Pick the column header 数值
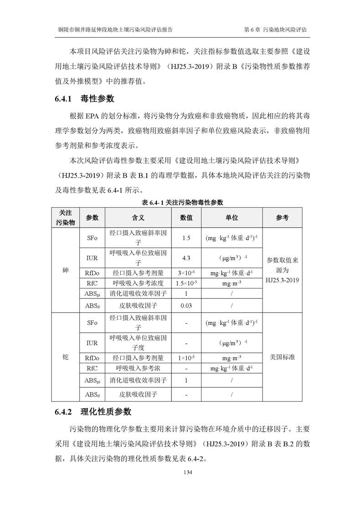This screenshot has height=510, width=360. click(x=186, y=218)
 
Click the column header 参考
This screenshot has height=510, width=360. click(x=282, y=218)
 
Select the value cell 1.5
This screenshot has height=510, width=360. click(x=186, y=238)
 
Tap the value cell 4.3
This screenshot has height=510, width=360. click(x=186, y=258)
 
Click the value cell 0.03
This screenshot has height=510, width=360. click(x=186, y=305)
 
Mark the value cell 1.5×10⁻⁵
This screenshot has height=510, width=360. click(x=186, y=283)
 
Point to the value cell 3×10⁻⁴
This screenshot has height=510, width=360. click(x=186, y=273)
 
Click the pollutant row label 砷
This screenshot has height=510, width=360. click(x=65, y=270)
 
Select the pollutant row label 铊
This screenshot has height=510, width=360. click(x=65, y=357)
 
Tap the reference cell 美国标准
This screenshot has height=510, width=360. click(x=282, y=357)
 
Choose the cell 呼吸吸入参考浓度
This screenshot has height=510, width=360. click(x=138, y=283)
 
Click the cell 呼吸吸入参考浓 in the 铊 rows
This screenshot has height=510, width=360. click(x=138, y=368)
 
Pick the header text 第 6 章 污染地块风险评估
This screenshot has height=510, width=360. click(x=275, y=29)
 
